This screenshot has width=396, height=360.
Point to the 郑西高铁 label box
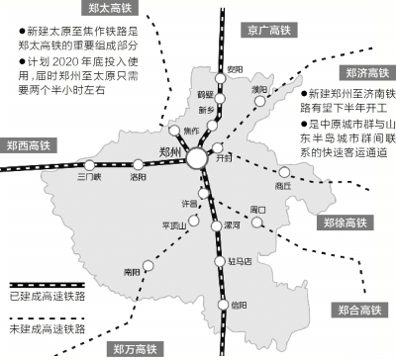click(x=32, y=145)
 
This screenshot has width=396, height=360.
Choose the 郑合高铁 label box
click(x=358, y=310)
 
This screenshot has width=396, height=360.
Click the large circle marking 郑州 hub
click(x=198, y=158)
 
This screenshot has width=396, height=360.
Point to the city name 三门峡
click(x=91, y=179)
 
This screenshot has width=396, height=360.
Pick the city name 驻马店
click(x=242, y=261)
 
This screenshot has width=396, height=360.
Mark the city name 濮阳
click(x=259, y=90)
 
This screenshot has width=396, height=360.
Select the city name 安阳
click(x=235, y=68)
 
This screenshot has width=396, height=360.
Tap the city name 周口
click(x=259, y=209)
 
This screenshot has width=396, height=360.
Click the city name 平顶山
click(x=173, y=224)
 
